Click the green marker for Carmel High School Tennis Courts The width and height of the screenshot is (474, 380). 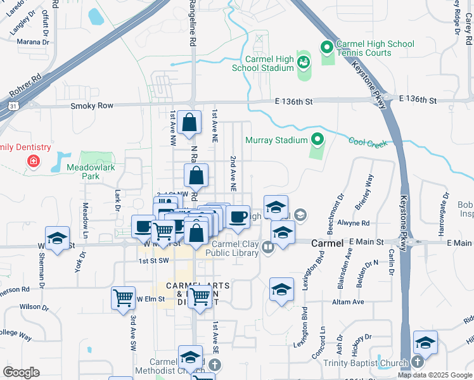click(327, 47)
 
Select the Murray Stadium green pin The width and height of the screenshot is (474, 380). click(317, 139)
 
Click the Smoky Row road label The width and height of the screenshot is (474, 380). click(92, 106)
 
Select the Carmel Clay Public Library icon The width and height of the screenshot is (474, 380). click(267, 247)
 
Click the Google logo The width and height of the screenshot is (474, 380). click(21, 372)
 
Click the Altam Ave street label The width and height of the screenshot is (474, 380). click(349, 302)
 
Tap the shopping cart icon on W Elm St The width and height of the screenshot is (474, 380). click(122, 298)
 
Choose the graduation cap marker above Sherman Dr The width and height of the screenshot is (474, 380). click(57, 238)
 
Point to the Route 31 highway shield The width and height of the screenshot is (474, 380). click(13, 106)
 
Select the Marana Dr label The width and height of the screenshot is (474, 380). click(34, 42)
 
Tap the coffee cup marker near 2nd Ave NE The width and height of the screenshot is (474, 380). click(238, 217)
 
